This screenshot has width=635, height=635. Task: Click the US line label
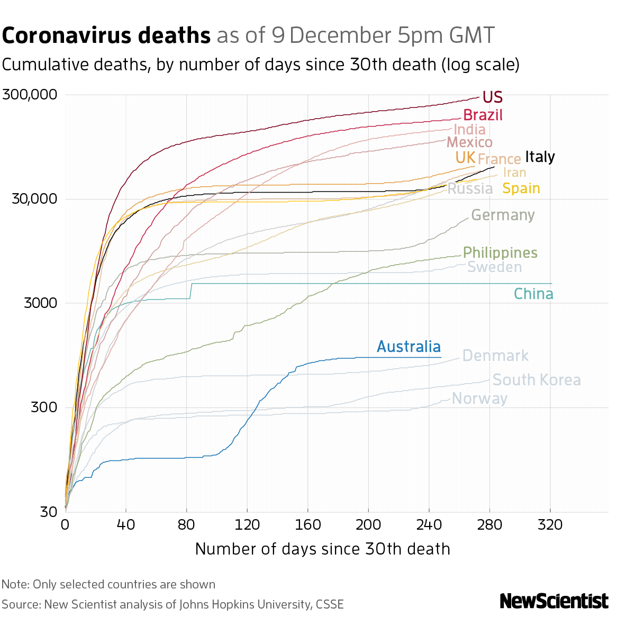tap(492, 97)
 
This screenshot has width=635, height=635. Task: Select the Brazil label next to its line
tap(483, 115)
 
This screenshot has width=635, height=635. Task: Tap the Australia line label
tap(409, 347)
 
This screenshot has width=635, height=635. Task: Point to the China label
tap(533, 294)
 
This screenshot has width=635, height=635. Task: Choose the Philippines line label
tap(500, 253)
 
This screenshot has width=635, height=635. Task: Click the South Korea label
tap(537, 380)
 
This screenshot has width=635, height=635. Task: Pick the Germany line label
tap(503, 215)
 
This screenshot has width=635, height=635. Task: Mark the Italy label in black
tap(540, 157)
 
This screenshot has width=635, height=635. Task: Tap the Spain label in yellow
tap(521, 188)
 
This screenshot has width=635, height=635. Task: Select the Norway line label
tap(480, 398)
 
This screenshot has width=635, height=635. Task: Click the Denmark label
tap(495, 356)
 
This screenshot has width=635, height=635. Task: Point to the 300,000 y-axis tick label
tap(30, 95)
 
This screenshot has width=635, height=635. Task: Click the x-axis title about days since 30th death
tap(322, 549)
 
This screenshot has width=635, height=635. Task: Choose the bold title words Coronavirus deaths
tap(106, 36)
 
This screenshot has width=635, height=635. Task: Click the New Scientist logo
tap(554, 601)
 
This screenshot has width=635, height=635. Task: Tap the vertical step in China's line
tap(190, 291)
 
